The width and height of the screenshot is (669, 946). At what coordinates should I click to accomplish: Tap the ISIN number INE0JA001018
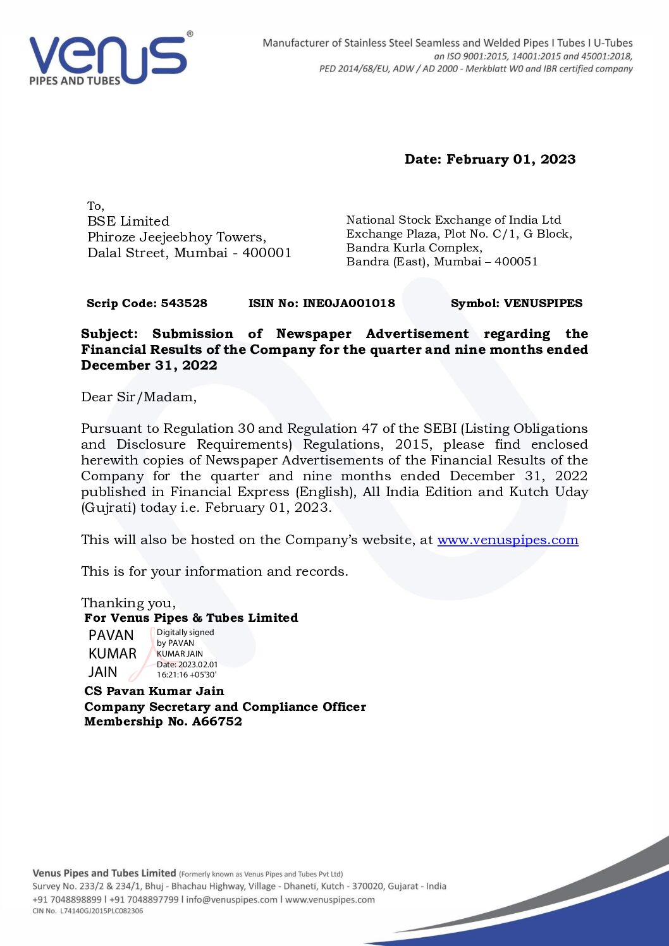click(348, 303)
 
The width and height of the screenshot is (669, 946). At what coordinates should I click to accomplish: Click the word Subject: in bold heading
click(109, 334)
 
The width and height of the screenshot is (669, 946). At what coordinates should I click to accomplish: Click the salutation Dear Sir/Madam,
click(138, 397)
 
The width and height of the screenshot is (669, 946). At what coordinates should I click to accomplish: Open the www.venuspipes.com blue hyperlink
click(507, 540)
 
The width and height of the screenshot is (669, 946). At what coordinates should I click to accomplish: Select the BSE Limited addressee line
click(128, 221)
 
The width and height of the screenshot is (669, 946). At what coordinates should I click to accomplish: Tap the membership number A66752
click(217, 722)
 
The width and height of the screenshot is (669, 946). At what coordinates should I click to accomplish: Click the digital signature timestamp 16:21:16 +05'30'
click(187, 675)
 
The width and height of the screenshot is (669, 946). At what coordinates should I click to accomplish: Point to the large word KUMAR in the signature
click(113, 653)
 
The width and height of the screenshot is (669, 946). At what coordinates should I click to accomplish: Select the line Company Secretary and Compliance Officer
click(225, 706)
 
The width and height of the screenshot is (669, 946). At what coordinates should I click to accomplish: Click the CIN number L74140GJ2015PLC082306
click(101, 911)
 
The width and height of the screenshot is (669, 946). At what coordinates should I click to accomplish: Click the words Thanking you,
click(128, 603)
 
